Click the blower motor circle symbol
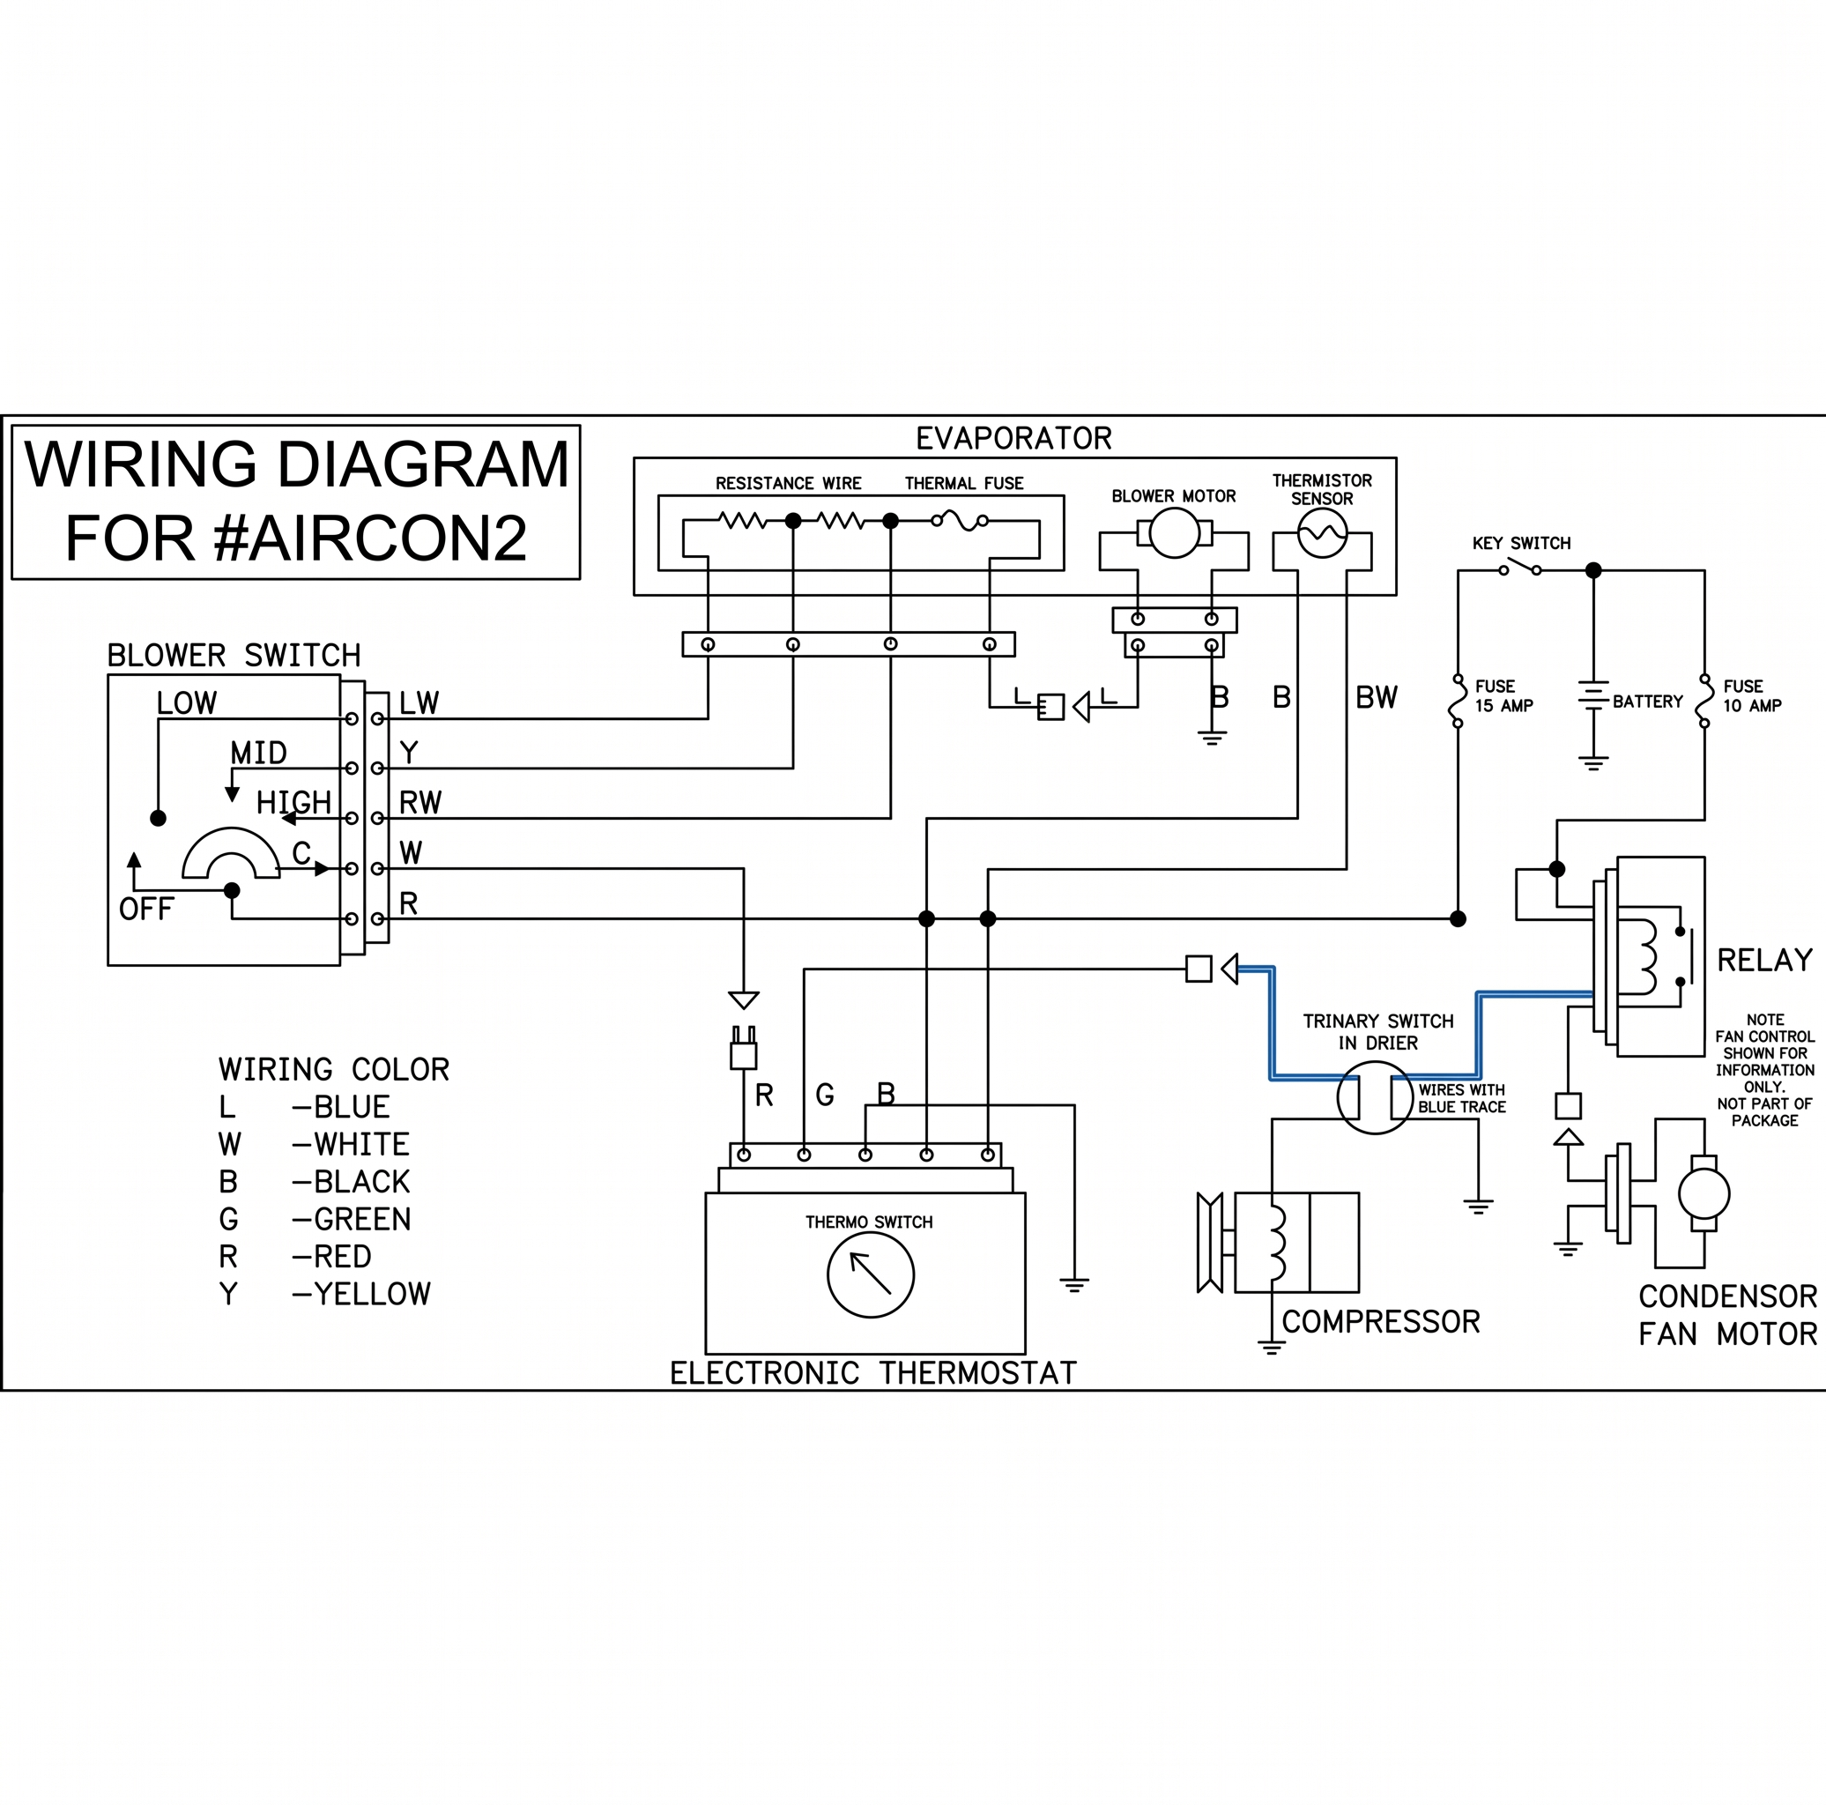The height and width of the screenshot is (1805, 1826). click(x=1174, y=533)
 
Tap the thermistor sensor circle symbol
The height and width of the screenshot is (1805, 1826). click(x=1321, y=533)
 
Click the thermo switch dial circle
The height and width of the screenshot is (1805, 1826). click(x=870, y=1274)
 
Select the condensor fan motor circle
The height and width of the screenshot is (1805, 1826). click(x=1704, y=1193)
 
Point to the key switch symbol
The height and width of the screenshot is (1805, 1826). click(x=1520, y=568)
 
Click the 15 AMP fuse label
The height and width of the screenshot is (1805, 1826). click(x=1503, y=695)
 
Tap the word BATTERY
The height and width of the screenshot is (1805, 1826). click(x=1647, y=702)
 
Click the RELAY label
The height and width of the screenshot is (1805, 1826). click(x=1764, y=960)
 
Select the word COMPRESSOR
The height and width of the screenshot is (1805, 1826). click(x=1380, y=1321)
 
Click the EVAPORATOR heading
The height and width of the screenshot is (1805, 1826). click(x=1013, y=439)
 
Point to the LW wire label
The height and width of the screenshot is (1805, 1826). click(x=419, y=703)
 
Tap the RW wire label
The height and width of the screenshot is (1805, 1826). click(x=419, y=802)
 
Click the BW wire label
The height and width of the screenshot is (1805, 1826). click(x=1377, y=697)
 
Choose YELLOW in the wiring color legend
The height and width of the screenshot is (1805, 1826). click(x=371, y=1294)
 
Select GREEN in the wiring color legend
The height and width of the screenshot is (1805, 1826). click(x=362, y=1219)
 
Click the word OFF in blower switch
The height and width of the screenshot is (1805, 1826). click(x=145, y=910)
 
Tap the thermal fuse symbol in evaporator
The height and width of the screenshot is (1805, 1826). click(x=960, y=520)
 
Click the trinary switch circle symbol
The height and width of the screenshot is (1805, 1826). click(x=1375, y=1097)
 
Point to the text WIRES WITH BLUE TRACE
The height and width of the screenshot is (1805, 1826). click(x=1461, y=1098)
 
